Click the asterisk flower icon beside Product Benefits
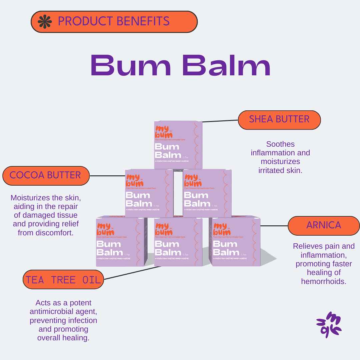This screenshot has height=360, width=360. pyautogui.click(x=45, y=21)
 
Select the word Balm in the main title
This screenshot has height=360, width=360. pyautogui.click(x=226, y=65)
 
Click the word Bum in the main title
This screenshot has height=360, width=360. pyautogui.click(x=131, y=65)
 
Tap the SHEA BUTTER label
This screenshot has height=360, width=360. pyautogui.click(x=279, y=119)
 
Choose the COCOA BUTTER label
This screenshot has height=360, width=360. pyautogui.click(x=46, y=175)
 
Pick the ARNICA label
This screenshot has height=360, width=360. pyautogui.click(x=323, y=225)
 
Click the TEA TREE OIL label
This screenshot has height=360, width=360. pyautogui.click(x=63, y=280)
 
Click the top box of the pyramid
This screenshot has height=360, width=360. pyautogui.click(x=178, y=145)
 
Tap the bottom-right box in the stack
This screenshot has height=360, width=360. pyautogui.click(x=235, y=242)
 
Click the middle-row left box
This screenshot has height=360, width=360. pyautogui.click(x=149, y=193)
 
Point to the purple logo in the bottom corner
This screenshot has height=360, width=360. pyautogui.click(x=329, y=325)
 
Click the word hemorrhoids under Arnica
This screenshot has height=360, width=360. pyautogui.click(x=324, y=281)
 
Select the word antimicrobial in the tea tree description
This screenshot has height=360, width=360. pyautogui.click(x=63, y=312)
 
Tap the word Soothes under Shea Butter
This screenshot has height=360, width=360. pyautogui.click(x=280, y=144)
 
